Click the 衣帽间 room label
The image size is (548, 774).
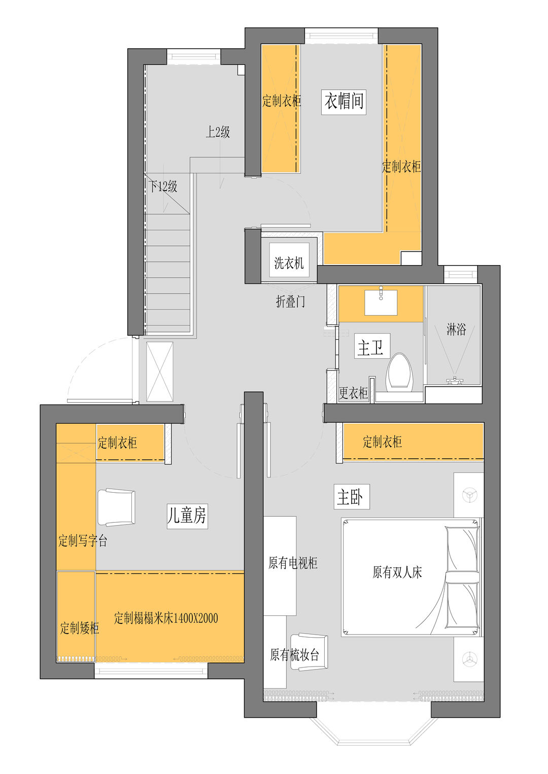click(344, 102)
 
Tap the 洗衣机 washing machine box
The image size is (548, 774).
click(289, 260)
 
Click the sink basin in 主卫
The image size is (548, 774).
click(381, 303)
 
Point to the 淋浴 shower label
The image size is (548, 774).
click(456, 329)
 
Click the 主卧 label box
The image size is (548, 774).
click(352, 497)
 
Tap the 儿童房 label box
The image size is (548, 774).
click(187, 516)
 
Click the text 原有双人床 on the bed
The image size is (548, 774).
click(397, 573)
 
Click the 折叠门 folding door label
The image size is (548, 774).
click(290, 302)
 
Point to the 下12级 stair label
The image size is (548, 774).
click(163, 187)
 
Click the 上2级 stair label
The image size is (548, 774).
click(218, 132)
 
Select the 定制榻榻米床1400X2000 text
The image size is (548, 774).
click(166, 618)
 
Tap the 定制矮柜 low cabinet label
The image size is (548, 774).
click(80, 628)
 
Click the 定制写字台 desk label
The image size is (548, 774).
click(83, 540)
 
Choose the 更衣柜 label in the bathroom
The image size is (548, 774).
click(353, 393)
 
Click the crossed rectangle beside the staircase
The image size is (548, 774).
click(159, 372)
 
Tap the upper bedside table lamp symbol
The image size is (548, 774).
click(469, 495)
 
